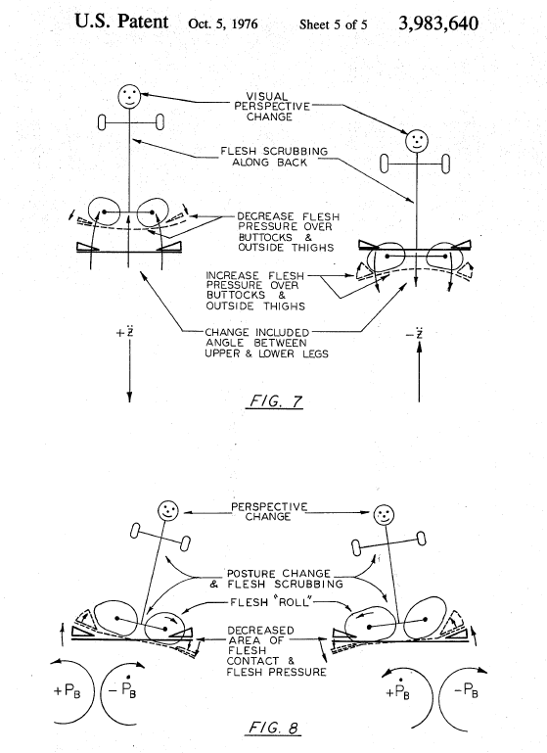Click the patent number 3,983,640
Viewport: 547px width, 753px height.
click(x=438, y=24)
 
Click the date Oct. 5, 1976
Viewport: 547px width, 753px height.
click(x=223, y=24)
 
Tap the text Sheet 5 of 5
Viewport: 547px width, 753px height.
click(x=333, y=24)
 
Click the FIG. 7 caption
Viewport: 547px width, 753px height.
click(x=274, y=401)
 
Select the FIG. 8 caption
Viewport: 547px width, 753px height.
click(x=274, y=728)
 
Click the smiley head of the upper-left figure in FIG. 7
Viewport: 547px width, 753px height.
click(x=129, y=96)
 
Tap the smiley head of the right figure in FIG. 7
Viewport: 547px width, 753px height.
click(x=417, y=141)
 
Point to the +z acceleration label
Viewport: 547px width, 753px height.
click(x=125, y=332)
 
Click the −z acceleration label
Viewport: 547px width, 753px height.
click(x=415, y=333)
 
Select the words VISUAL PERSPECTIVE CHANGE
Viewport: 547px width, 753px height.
click(x=272, y=107)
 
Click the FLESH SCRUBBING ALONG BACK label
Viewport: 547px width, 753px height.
click(x=274, y=157)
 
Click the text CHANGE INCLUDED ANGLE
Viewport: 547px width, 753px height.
click(x=256, y=337)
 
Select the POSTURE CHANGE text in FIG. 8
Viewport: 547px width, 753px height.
click(x=278, y=574)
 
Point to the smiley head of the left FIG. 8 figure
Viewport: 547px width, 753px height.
click(x=168, y=510)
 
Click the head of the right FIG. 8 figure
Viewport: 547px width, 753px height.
click(x=384, y=515)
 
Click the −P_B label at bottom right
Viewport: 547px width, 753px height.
click(x=465, y=691)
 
